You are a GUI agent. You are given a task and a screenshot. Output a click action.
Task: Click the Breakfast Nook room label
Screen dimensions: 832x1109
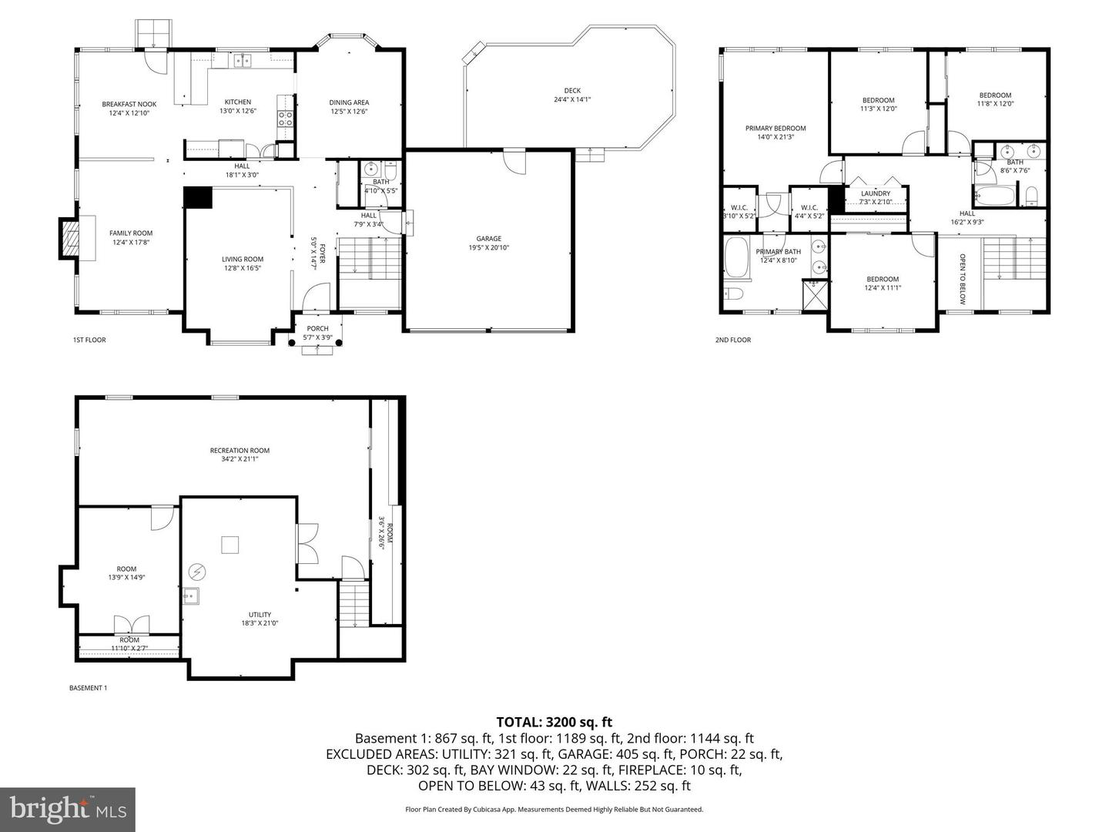tap(129, 104)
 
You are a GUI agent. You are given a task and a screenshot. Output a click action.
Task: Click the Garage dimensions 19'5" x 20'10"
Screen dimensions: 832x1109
tap(488, 248)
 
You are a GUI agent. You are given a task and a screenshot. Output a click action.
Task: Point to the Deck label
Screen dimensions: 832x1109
tap(572, 90)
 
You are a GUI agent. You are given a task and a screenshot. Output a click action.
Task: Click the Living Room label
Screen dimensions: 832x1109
tap(243, 259)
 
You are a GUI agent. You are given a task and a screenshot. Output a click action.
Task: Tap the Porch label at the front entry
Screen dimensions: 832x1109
tap(317, 328)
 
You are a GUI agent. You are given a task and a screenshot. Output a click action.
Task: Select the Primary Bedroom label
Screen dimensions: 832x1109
tap(775, 128)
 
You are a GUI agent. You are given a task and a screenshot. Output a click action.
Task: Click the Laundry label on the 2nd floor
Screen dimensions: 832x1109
tap(875, 193)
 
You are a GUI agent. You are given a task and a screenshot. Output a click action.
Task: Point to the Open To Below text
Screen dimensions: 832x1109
tap(962, 279)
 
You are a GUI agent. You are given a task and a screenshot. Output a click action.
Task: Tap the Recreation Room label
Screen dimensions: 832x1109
tap(240, 451)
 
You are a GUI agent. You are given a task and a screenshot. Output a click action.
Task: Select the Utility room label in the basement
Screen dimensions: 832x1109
tap(260, 614)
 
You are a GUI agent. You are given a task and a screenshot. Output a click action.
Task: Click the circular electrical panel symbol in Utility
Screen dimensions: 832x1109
tap(198, 572)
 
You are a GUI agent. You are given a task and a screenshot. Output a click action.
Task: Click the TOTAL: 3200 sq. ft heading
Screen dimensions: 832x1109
tap(554, 722)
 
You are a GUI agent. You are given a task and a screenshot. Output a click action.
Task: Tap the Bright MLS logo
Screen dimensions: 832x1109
tap(68, 809)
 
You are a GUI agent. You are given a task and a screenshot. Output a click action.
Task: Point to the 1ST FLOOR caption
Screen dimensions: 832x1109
tap(89, 340)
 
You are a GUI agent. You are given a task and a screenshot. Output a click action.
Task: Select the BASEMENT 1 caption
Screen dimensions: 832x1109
tap(89, 688)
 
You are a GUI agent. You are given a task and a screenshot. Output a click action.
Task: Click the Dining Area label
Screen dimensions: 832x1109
tap(349, 102)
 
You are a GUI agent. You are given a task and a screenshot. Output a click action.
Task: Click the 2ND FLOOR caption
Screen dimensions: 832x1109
tap(733, 340)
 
